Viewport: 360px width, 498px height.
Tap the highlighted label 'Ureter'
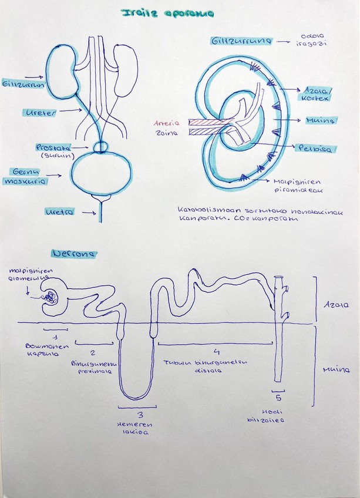pos(41,112)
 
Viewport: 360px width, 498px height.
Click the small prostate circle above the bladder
pos(102,146)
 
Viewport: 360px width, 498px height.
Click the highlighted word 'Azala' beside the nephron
pos(332,305)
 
